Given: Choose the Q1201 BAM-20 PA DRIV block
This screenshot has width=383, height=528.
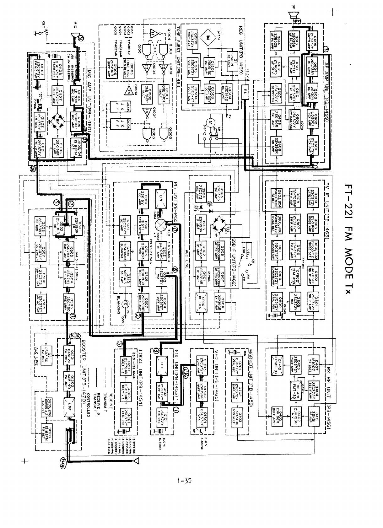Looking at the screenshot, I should [x=69, y=353].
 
